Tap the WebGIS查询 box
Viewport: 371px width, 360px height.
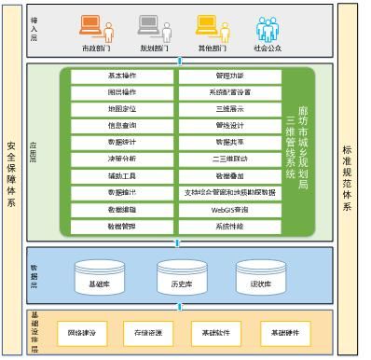(x=228, y=208)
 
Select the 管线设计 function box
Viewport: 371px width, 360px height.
(x=228, y=124)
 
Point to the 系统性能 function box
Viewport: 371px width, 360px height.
(x=228, y=225)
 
